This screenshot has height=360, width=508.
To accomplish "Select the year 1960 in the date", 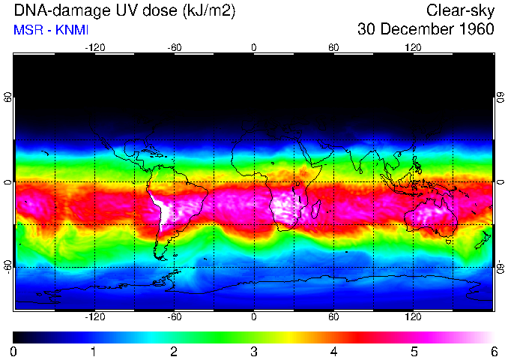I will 475,29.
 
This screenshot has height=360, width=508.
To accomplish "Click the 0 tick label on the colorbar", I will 14,351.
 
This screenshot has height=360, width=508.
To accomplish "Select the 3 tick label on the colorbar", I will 254,351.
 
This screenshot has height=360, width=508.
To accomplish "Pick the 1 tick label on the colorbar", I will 94,351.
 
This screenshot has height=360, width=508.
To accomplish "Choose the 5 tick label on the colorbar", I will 414,351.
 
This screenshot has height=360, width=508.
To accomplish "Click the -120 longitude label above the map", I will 94,47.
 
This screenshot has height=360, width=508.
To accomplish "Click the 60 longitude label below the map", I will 333,317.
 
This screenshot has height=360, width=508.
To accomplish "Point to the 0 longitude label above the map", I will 254,47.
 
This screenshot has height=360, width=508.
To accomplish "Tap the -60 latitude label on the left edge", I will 7,266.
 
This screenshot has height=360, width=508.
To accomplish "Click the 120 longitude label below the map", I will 414,317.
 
